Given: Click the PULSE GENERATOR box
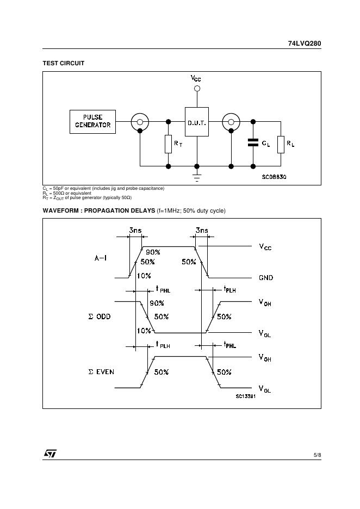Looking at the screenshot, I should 92,122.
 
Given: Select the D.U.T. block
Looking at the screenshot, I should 197,123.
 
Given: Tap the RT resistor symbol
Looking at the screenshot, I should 168,144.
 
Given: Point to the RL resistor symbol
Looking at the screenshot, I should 281,144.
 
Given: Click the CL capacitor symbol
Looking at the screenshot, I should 253,142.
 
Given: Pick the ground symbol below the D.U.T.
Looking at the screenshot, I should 197,176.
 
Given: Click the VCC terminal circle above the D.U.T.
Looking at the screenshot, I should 197,88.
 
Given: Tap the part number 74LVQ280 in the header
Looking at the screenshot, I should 305,44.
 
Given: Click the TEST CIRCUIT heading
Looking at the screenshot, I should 64,64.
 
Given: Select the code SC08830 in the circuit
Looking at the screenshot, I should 274,177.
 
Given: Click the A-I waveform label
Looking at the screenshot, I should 100,258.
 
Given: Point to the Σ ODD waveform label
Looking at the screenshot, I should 99,316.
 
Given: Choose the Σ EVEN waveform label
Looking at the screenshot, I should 101,373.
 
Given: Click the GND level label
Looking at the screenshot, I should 266,278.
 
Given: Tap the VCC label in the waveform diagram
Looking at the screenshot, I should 265,247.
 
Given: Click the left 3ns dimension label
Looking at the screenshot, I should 135,231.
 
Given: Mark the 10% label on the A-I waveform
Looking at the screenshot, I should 144,276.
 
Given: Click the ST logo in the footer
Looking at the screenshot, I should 50,454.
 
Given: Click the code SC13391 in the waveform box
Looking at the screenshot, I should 246,396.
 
